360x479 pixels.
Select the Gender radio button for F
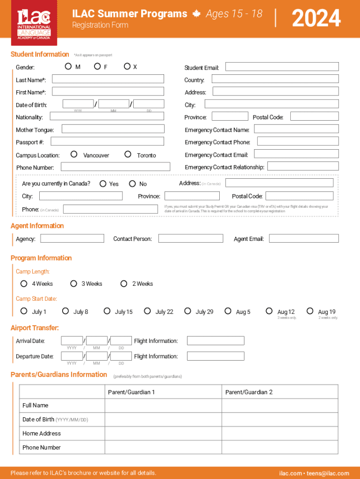pos(97,66)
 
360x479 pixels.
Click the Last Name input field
pos(108,79)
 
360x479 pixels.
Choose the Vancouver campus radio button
pos(74,154)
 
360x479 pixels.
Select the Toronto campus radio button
pos(128,154)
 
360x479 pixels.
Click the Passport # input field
pos(108,141)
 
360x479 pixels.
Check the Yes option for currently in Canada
pos(103,184)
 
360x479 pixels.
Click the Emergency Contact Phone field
pos(298,141)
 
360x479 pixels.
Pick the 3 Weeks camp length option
pos(73,283)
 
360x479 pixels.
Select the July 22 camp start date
pos(148,311)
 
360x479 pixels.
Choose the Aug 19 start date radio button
pos(310,311)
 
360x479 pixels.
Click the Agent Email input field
pos(304,239)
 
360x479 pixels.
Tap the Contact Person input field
pos(191,239)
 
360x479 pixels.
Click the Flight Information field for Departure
pos(216,356)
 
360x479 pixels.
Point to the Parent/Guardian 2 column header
pos(249,392)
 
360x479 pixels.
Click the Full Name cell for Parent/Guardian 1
pos(163,406)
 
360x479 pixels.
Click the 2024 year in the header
pos(316,19)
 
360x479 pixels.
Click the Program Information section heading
pos(41,258)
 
